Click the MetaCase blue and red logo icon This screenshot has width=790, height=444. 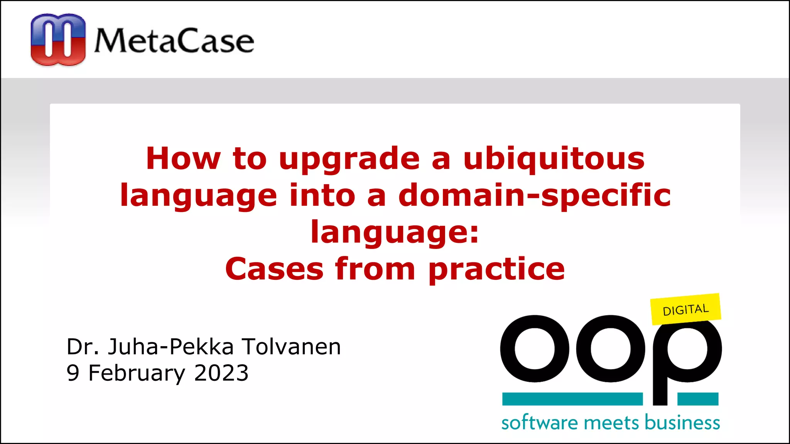tap(58, 39)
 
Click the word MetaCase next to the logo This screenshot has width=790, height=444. tap(174, 40)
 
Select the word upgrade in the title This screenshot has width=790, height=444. tap(349, 159)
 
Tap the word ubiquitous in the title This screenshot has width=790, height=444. tap(554, 159)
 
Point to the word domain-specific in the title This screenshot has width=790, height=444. tap(534, 195)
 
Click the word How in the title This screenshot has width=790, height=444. tap(183, 159)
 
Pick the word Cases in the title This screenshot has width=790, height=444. tap(274, 269)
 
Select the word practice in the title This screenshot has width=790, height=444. tap(496, 269)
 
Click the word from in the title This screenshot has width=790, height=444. tap(375, 269)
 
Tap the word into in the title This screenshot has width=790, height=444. tap(322, 195)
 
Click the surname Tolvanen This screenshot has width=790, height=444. tap(291, 346)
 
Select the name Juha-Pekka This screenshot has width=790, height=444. tap(170, 346)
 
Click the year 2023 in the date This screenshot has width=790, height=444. tap(221, 373)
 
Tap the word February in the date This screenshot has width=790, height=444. tap(137, 373)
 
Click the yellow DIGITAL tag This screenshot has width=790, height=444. tap(685, 309)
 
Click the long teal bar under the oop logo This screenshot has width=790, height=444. tap(572, 399)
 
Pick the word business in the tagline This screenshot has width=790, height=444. tap(682, 423)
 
